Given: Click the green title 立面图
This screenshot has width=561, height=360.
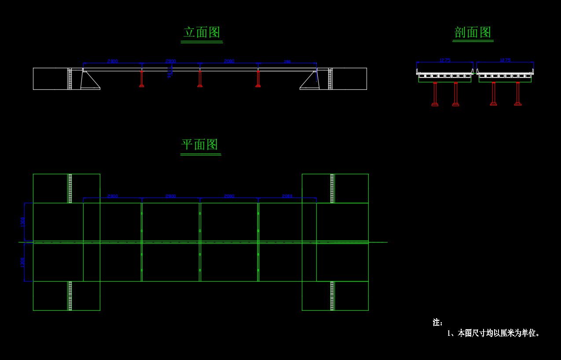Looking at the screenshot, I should tap(202, 33).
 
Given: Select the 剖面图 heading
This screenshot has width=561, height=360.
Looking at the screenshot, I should tap(473, 33).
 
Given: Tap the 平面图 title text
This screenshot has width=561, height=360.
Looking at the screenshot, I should tap(200, 145).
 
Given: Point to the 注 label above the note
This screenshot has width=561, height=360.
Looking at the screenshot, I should tap(437, 323).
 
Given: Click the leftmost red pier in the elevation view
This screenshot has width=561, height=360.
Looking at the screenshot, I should tap(142, 79).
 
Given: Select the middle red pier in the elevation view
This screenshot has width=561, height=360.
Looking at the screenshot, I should tap(200, 79).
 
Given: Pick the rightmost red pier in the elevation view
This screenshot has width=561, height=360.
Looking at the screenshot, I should tap(258, 79).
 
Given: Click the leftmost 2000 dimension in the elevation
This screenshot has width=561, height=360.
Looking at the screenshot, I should tap(113, 62).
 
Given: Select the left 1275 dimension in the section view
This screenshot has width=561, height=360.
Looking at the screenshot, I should tap(445, 60).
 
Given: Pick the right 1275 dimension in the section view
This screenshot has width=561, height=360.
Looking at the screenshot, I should tap(505, 60).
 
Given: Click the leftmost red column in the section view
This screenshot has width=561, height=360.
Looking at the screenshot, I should tap(435, 94).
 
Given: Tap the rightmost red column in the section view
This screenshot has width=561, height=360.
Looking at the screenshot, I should tap(518, 94).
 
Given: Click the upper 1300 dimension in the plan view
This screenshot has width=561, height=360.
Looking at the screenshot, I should tap(23, 222).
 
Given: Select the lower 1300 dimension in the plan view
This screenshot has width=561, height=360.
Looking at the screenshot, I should tap(23, 262).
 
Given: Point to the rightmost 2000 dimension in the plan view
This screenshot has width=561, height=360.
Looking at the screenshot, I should tap(287, 196).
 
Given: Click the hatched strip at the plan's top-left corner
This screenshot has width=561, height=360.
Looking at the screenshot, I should tap(70, 188).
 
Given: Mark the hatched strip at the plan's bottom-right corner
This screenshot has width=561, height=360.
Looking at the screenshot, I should tap(332, 296).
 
